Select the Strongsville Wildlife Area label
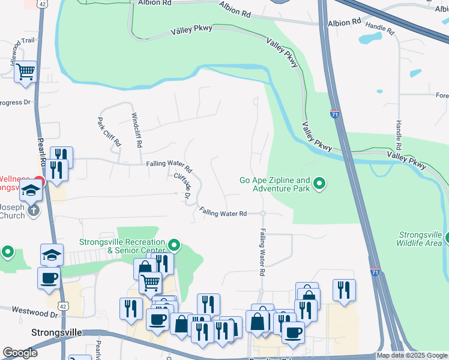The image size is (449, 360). [x=420, y=238]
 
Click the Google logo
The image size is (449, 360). [x=20, y=353]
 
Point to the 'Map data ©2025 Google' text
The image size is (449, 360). [x=412, y=356]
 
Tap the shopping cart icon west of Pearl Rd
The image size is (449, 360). [x=25, y=72]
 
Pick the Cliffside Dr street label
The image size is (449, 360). [x=182, y=187]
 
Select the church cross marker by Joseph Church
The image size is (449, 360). [x=34, y=210]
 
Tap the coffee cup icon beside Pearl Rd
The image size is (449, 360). [x=49, y=278]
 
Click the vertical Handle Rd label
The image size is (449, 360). [x=398, y=135]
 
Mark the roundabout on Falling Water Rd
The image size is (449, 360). [x=263, y=213]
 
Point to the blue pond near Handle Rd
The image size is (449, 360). [x=370, y=38]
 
